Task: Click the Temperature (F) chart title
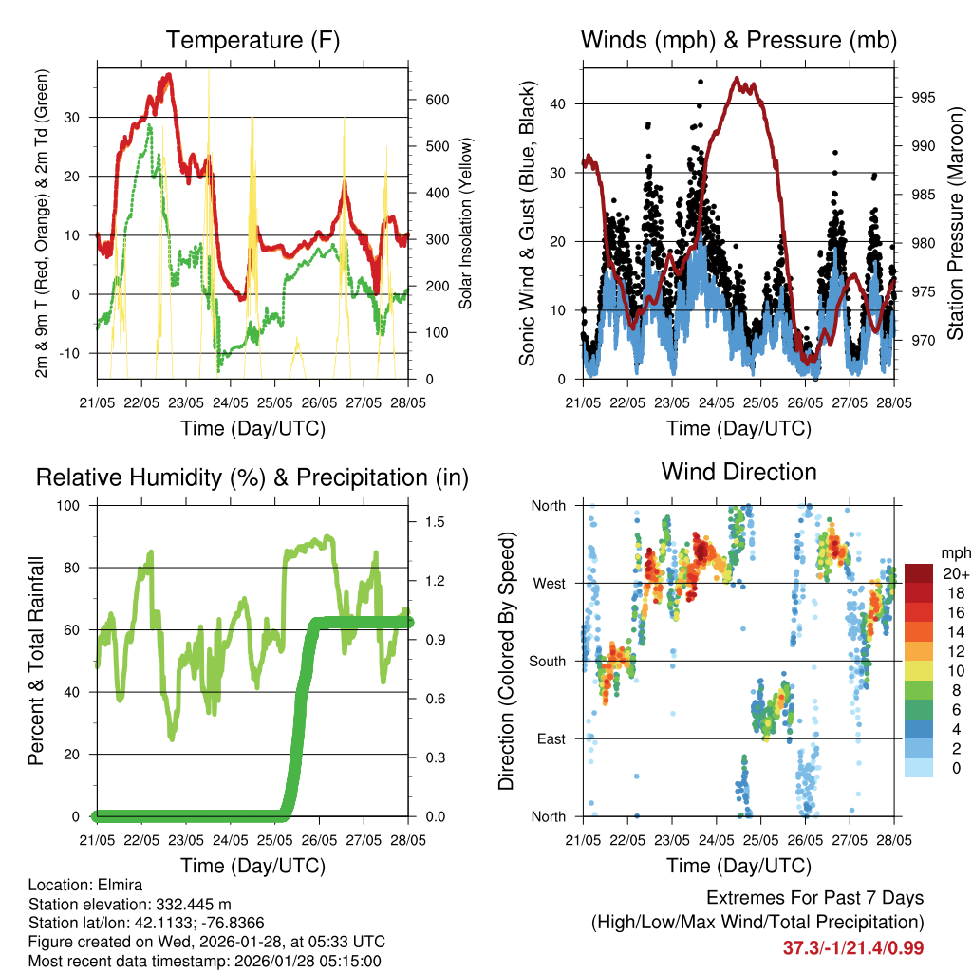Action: (x=252, y=40)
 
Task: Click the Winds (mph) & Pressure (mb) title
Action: (x=738, y=40)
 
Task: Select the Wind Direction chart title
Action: (x=738, y=471)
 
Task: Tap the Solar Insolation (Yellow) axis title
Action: (x=465, y=224)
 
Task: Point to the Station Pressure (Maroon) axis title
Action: (x=955, y=224)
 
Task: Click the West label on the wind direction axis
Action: (x=548, y=583)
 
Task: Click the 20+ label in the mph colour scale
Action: (x=955, y=574)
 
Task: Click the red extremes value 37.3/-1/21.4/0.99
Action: (x=853, y=947)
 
